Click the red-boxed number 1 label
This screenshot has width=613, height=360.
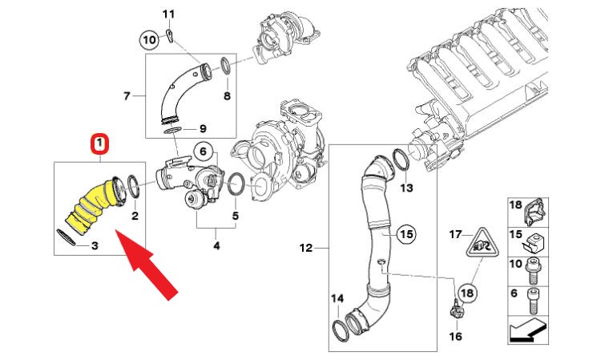coord(99,145)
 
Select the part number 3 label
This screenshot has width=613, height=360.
coord(94,245)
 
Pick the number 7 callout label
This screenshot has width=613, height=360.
coord(126,96)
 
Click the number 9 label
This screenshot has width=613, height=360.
coord(203,128)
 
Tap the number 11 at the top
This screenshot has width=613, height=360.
coord(168,14)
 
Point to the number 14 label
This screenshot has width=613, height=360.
coord(337,299)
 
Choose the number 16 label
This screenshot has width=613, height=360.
coord(455,336)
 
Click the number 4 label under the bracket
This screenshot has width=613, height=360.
coord(216,246)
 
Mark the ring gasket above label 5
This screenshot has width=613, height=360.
coord(236,184)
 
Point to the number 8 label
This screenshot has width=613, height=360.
coord(227,96)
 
